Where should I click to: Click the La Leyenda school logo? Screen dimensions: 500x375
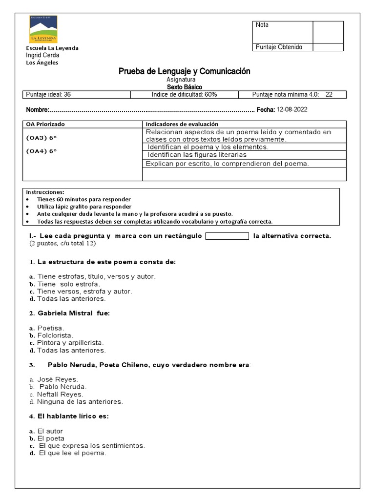tap(43, 29)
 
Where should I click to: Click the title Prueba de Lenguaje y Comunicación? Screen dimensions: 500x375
tap(184, 71)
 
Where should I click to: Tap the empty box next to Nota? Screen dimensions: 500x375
tap(328, 32)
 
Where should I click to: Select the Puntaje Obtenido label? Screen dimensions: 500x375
tap(279, 47)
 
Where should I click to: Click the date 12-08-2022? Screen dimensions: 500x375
tap(292, 110)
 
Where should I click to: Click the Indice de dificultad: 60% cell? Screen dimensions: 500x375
tap(184, 95)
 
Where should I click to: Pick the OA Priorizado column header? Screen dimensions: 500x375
tap(45, 125)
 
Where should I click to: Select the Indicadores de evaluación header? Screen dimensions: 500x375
tap(182, 125)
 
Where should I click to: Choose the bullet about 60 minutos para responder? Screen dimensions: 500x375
tap(84, 199)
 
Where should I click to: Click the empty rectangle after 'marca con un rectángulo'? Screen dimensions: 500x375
tap(227, 236)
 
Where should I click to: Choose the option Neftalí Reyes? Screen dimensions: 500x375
tap(60, 394)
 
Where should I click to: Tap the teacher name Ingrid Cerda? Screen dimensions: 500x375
tap(42, 55)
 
